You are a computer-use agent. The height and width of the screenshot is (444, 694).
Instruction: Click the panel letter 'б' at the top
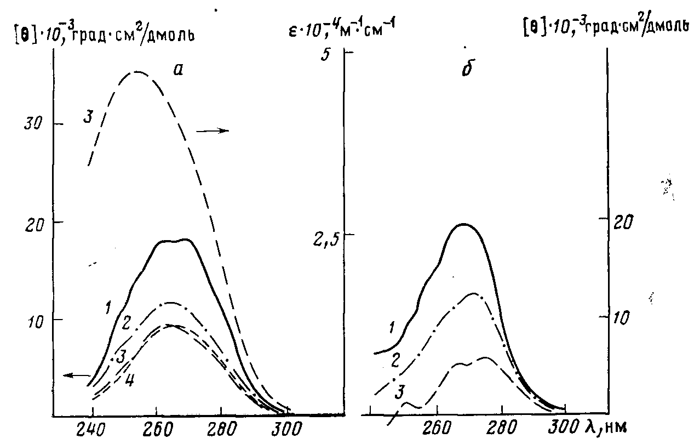click(x=467, y=70)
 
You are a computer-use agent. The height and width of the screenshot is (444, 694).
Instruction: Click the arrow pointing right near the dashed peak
click(x=213, y=130)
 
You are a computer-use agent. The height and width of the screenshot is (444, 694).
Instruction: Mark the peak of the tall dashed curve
click(x=137, y=72)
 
